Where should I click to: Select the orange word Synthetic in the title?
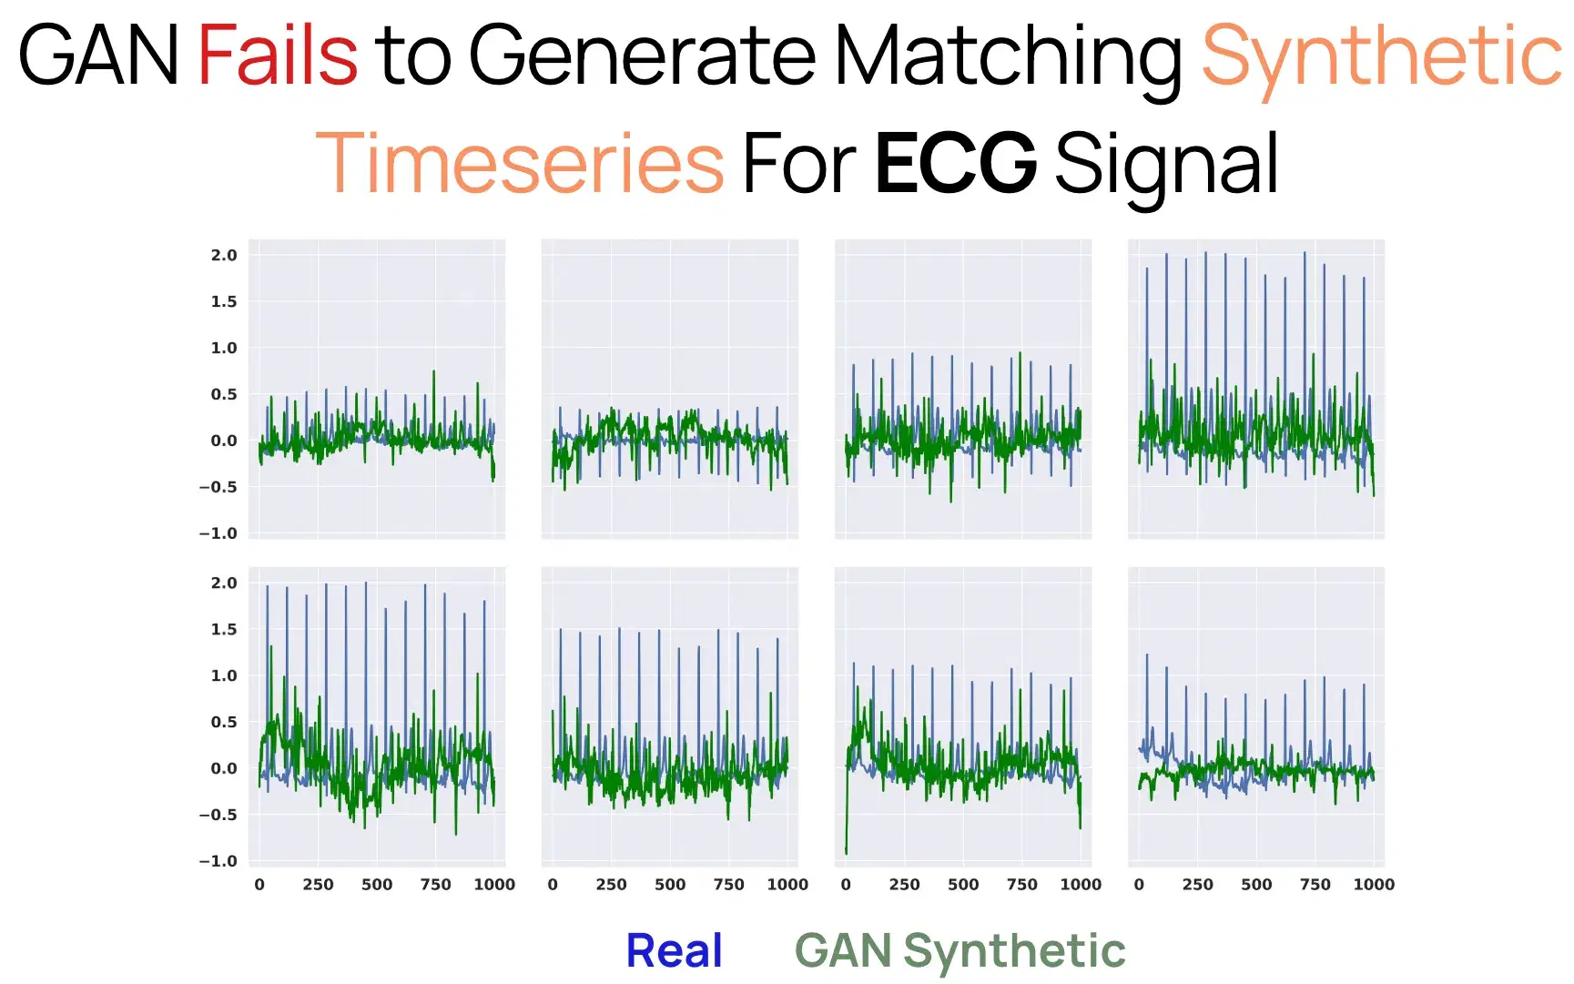point(1381,56)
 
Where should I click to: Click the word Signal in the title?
point(1167,164)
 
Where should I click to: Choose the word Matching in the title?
point(1008,56)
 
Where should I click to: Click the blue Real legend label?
point(674,951)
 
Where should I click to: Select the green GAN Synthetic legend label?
point(960,951)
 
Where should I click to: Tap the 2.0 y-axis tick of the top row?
point(224,255)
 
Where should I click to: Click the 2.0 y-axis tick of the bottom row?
point(224,583)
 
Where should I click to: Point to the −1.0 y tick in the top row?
point(218,533)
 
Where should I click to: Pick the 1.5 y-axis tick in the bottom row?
point(224,629)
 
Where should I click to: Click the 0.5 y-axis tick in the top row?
point(224,394)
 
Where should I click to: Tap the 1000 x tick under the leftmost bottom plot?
point(494,884)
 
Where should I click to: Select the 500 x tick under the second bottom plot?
point(670,884)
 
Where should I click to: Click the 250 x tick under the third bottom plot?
point(904,884)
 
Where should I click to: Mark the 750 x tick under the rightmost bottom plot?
point(1315,884)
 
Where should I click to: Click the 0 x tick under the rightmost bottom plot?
point(1139,884)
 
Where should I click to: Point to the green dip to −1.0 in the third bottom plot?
point(847,848)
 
